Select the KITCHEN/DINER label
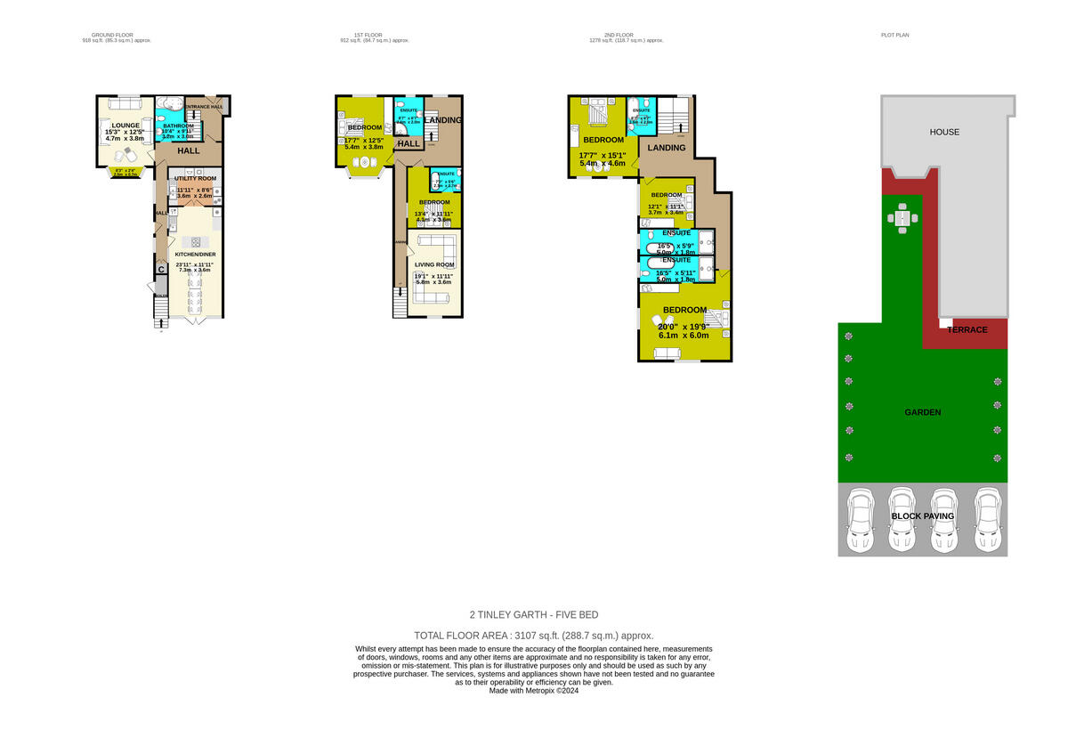point(195,255)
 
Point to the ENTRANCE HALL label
point(204,107)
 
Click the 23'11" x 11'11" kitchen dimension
point(194,264)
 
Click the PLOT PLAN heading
point(894,35)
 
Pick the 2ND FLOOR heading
point(627,35)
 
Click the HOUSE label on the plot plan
point(944,132)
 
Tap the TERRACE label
point(967,329)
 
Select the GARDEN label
point(922,412)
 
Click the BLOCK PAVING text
point(922,516)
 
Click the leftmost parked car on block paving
point(861,521)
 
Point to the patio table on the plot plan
point(902,219)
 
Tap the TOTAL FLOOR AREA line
point(534,636)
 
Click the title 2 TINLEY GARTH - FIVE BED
point(534,614)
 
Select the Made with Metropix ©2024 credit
point(534,690)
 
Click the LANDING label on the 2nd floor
point(666,148)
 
